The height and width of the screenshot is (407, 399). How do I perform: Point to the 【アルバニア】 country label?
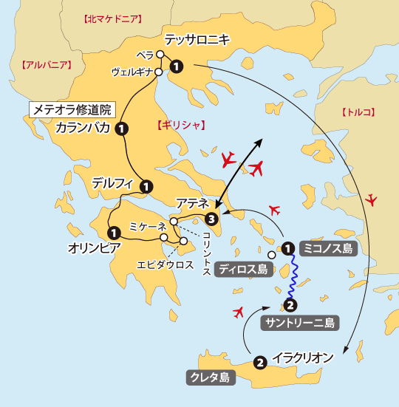(47, 65)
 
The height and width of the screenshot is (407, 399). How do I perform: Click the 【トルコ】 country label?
(358, 112)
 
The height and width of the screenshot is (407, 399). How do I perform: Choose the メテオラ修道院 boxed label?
(72, 109)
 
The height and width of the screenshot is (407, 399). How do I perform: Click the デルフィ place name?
(112, 182)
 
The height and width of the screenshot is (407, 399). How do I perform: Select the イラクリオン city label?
(303, 358)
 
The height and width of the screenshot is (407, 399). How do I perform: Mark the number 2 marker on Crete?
(259, 362)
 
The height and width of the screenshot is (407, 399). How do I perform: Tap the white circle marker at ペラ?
(160, 53)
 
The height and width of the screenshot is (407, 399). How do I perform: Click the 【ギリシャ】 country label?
(180, 125)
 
